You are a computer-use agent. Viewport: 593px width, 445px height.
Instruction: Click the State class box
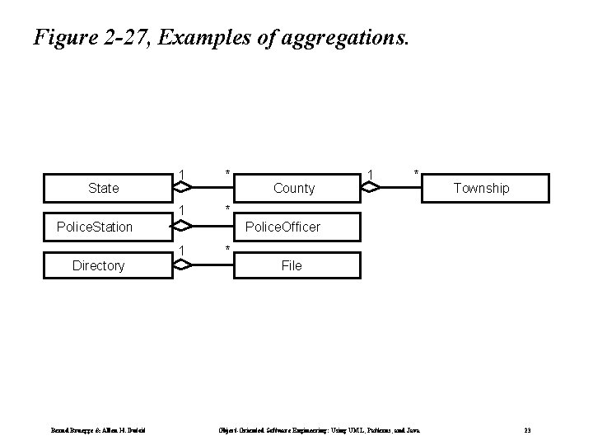(x=103, y=188)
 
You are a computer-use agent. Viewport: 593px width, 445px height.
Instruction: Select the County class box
(x=294, y=188)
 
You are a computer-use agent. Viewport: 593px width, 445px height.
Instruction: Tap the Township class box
(x=482, y=188)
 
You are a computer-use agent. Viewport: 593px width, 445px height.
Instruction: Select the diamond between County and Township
(x=376, y=188)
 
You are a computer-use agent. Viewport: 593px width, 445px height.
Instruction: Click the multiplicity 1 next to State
(x=180, y=174)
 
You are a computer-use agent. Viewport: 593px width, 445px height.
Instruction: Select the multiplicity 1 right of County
(x=371, y=174)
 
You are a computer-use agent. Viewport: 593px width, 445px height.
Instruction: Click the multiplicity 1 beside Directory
(x=180, y=250)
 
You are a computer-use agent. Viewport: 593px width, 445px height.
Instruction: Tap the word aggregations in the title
(x=339, y=38)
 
